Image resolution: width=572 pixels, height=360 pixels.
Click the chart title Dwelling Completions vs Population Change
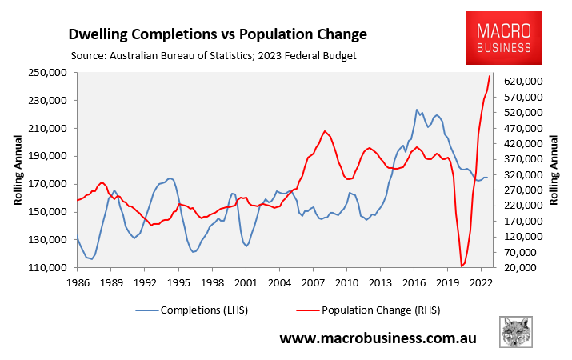tap(218, 34)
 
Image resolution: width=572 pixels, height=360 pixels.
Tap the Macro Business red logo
tap(504, 39)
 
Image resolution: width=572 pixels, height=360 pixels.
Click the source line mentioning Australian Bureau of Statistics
tap(213, 56)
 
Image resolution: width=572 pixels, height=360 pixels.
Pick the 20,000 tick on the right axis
tap(529, 267)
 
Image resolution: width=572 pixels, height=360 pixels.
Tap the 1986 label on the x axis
tap(78, 282)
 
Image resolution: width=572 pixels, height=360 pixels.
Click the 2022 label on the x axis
tap(481, 282)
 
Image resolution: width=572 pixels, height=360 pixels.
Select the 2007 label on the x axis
tap(313, 282)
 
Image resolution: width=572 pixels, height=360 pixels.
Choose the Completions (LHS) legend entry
tap(200, 310)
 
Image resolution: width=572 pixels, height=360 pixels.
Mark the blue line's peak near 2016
tap(417, 110)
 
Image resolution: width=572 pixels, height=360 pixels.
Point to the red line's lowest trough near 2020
tap(462, 266)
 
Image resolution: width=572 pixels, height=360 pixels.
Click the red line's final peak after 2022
tap(490, 76)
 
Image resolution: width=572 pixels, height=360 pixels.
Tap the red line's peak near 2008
tap(325, 131)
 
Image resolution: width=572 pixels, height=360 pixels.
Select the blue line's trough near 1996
tap(194, 252)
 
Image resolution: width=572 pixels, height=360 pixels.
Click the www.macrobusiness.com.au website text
tap(378, 338)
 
